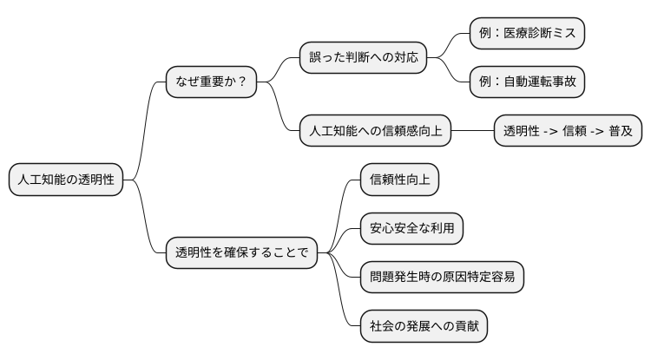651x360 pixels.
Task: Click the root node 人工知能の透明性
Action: pos(65,180)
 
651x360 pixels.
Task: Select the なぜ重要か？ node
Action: pos(211,82)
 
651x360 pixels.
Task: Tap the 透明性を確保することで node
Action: pos(241,253)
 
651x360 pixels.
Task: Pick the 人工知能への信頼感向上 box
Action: pos(376,132)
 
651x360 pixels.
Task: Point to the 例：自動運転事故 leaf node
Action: pos(527,82)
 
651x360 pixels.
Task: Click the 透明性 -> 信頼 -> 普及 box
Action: pos(569,132)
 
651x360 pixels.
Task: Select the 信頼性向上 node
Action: pos(399,180)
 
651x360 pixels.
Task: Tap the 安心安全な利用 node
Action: pos(411,228)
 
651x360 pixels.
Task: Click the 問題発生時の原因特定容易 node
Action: pos(442,278)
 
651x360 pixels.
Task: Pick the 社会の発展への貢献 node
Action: pos(424,326)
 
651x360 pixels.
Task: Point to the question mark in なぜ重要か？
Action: pos(241,82)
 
